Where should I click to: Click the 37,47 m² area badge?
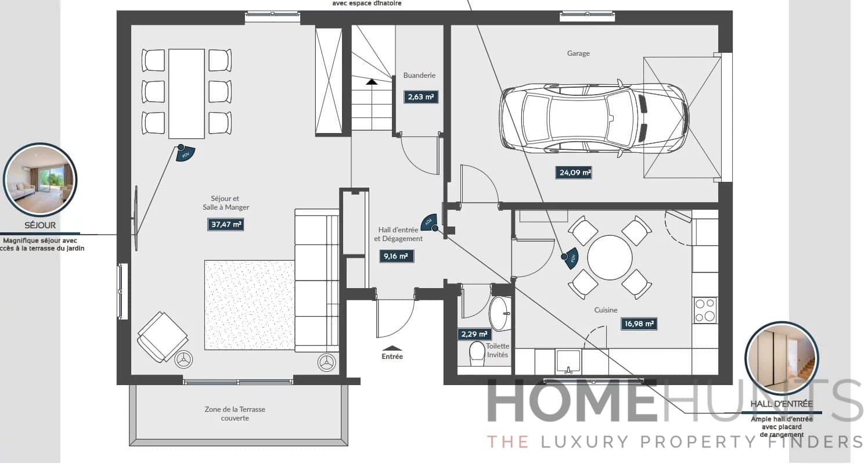click(225, 224)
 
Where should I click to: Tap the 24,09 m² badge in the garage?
click(573, 173)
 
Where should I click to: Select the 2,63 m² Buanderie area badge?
click(421, 97)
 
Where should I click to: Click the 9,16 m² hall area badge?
click(397, 256)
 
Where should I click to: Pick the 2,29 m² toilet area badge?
click(474, 334)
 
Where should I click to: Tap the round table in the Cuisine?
click(610, 257)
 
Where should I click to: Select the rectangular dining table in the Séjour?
click(186, 94)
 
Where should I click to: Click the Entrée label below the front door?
click(392, 357)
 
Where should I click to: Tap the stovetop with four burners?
click(705, 310)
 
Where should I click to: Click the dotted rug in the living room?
click(250, 305)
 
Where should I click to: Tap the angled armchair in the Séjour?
click(162, 337)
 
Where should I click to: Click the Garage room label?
click(578, 53)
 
